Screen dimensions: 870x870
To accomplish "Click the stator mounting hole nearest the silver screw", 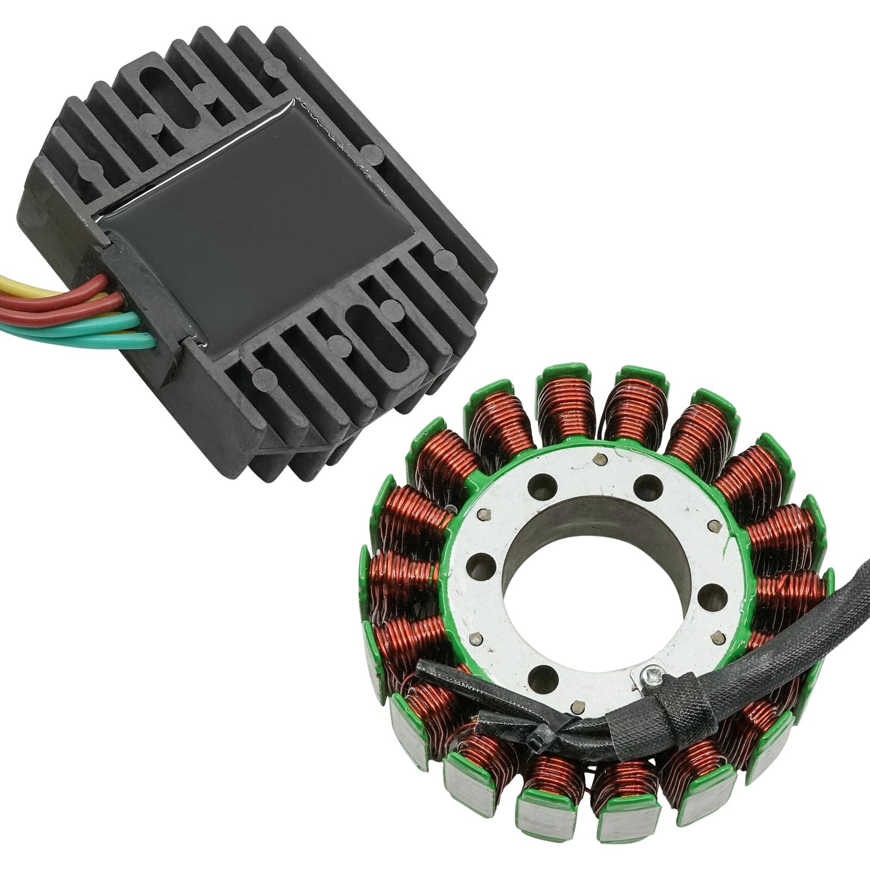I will [544, 680].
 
